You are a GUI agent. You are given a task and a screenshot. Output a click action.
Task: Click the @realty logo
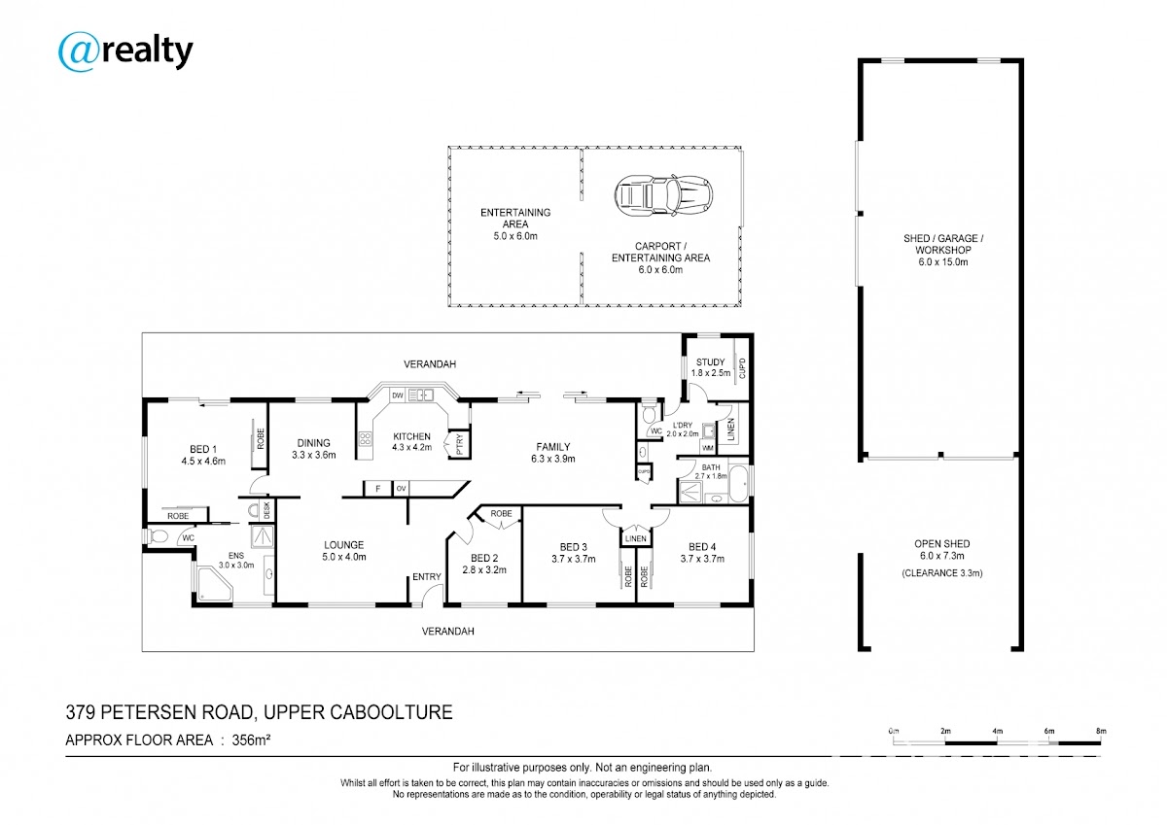(125, 52)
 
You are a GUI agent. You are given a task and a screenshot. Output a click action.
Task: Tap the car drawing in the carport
(663, 195)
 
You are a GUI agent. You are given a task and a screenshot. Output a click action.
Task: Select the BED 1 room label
(203, 449)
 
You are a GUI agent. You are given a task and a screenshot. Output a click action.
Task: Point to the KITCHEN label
(411, 436)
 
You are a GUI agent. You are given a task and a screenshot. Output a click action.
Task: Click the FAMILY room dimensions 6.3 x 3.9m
(553, 459)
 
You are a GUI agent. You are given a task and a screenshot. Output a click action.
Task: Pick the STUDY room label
(711, 361)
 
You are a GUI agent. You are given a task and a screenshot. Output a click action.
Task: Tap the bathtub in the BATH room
(738, 484)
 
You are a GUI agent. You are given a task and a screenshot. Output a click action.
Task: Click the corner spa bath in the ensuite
(215, 584)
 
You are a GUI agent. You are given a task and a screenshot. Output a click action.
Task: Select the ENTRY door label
(427, 576)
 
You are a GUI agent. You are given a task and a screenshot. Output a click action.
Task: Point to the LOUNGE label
(344, 545)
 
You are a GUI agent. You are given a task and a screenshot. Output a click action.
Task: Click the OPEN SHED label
(942, 544)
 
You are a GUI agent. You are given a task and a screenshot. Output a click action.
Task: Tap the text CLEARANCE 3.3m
(942, 573)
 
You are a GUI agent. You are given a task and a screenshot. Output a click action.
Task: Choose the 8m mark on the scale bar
(1101, 732)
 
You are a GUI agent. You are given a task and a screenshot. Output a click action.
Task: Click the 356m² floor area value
(251, 739)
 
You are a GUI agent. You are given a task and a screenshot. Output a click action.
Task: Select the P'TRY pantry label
(459, 444)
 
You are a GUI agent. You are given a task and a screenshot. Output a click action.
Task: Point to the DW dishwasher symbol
(398, 395)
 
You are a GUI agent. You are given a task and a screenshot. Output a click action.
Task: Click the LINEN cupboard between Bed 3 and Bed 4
(636, 538)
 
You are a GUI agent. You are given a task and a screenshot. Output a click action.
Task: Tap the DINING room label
(313, 443)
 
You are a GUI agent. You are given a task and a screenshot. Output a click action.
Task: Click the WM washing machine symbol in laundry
(708, 448)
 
